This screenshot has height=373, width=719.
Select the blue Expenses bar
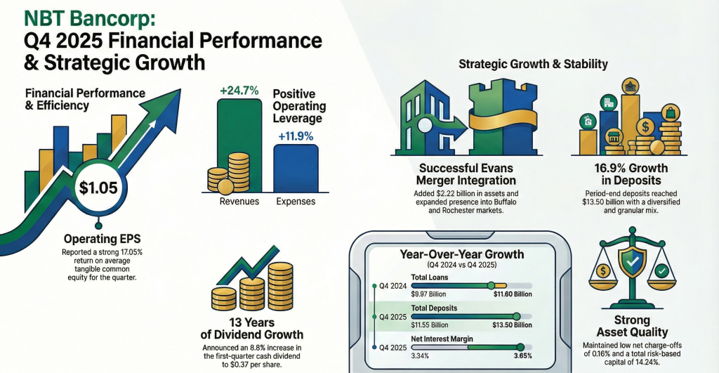click(295, 168)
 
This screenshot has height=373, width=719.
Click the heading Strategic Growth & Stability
click(533, 65)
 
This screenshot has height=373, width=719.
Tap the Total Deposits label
click(434, 308)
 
